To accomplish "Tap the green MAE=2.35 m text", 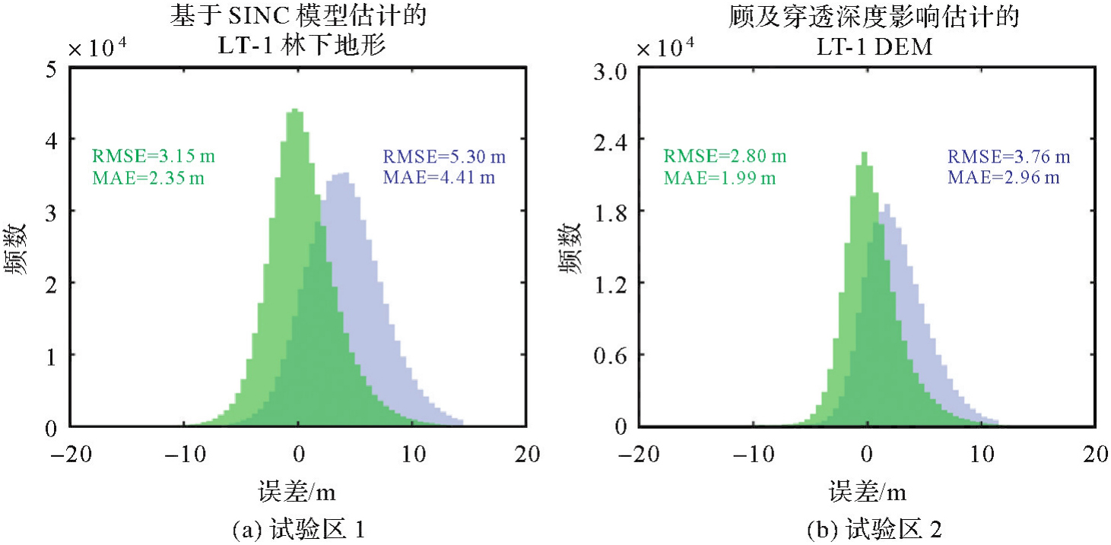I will (148, 179).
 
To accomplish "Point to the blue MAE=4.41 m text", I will (436, 179).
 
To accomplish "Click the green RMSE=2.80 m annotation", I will (725, 157).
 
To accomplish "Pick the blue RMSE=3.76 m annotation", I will (1008, 157).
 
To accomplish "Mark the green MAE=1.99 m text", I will (719, 178).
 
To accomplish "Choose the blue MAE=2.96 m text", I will (1002, 178).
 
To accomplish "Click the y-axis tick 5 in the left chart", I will (52, 69).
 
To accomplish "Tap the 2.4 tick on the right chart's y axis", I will (611, 141).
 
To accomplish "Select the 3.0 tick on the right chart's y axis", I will (611, 72).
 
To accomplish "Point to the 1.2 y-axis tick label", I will (611, 283).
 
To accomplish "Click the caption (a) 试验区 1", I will (297, 528).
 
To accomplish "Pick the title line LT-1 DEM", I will (866, 46).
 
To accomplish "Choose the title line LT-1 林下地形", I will (297, 46).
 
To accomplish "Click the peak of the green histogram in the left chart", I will (295, 111).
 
